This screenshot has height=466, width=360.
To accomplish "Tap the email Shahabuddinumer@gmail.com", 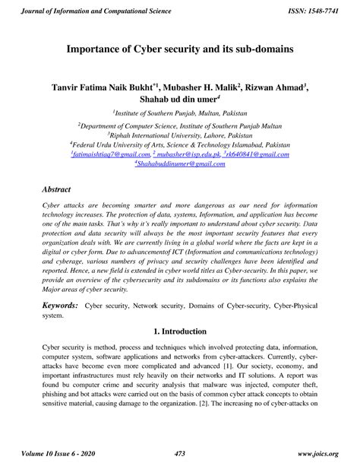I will click(x=180, y=163).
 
